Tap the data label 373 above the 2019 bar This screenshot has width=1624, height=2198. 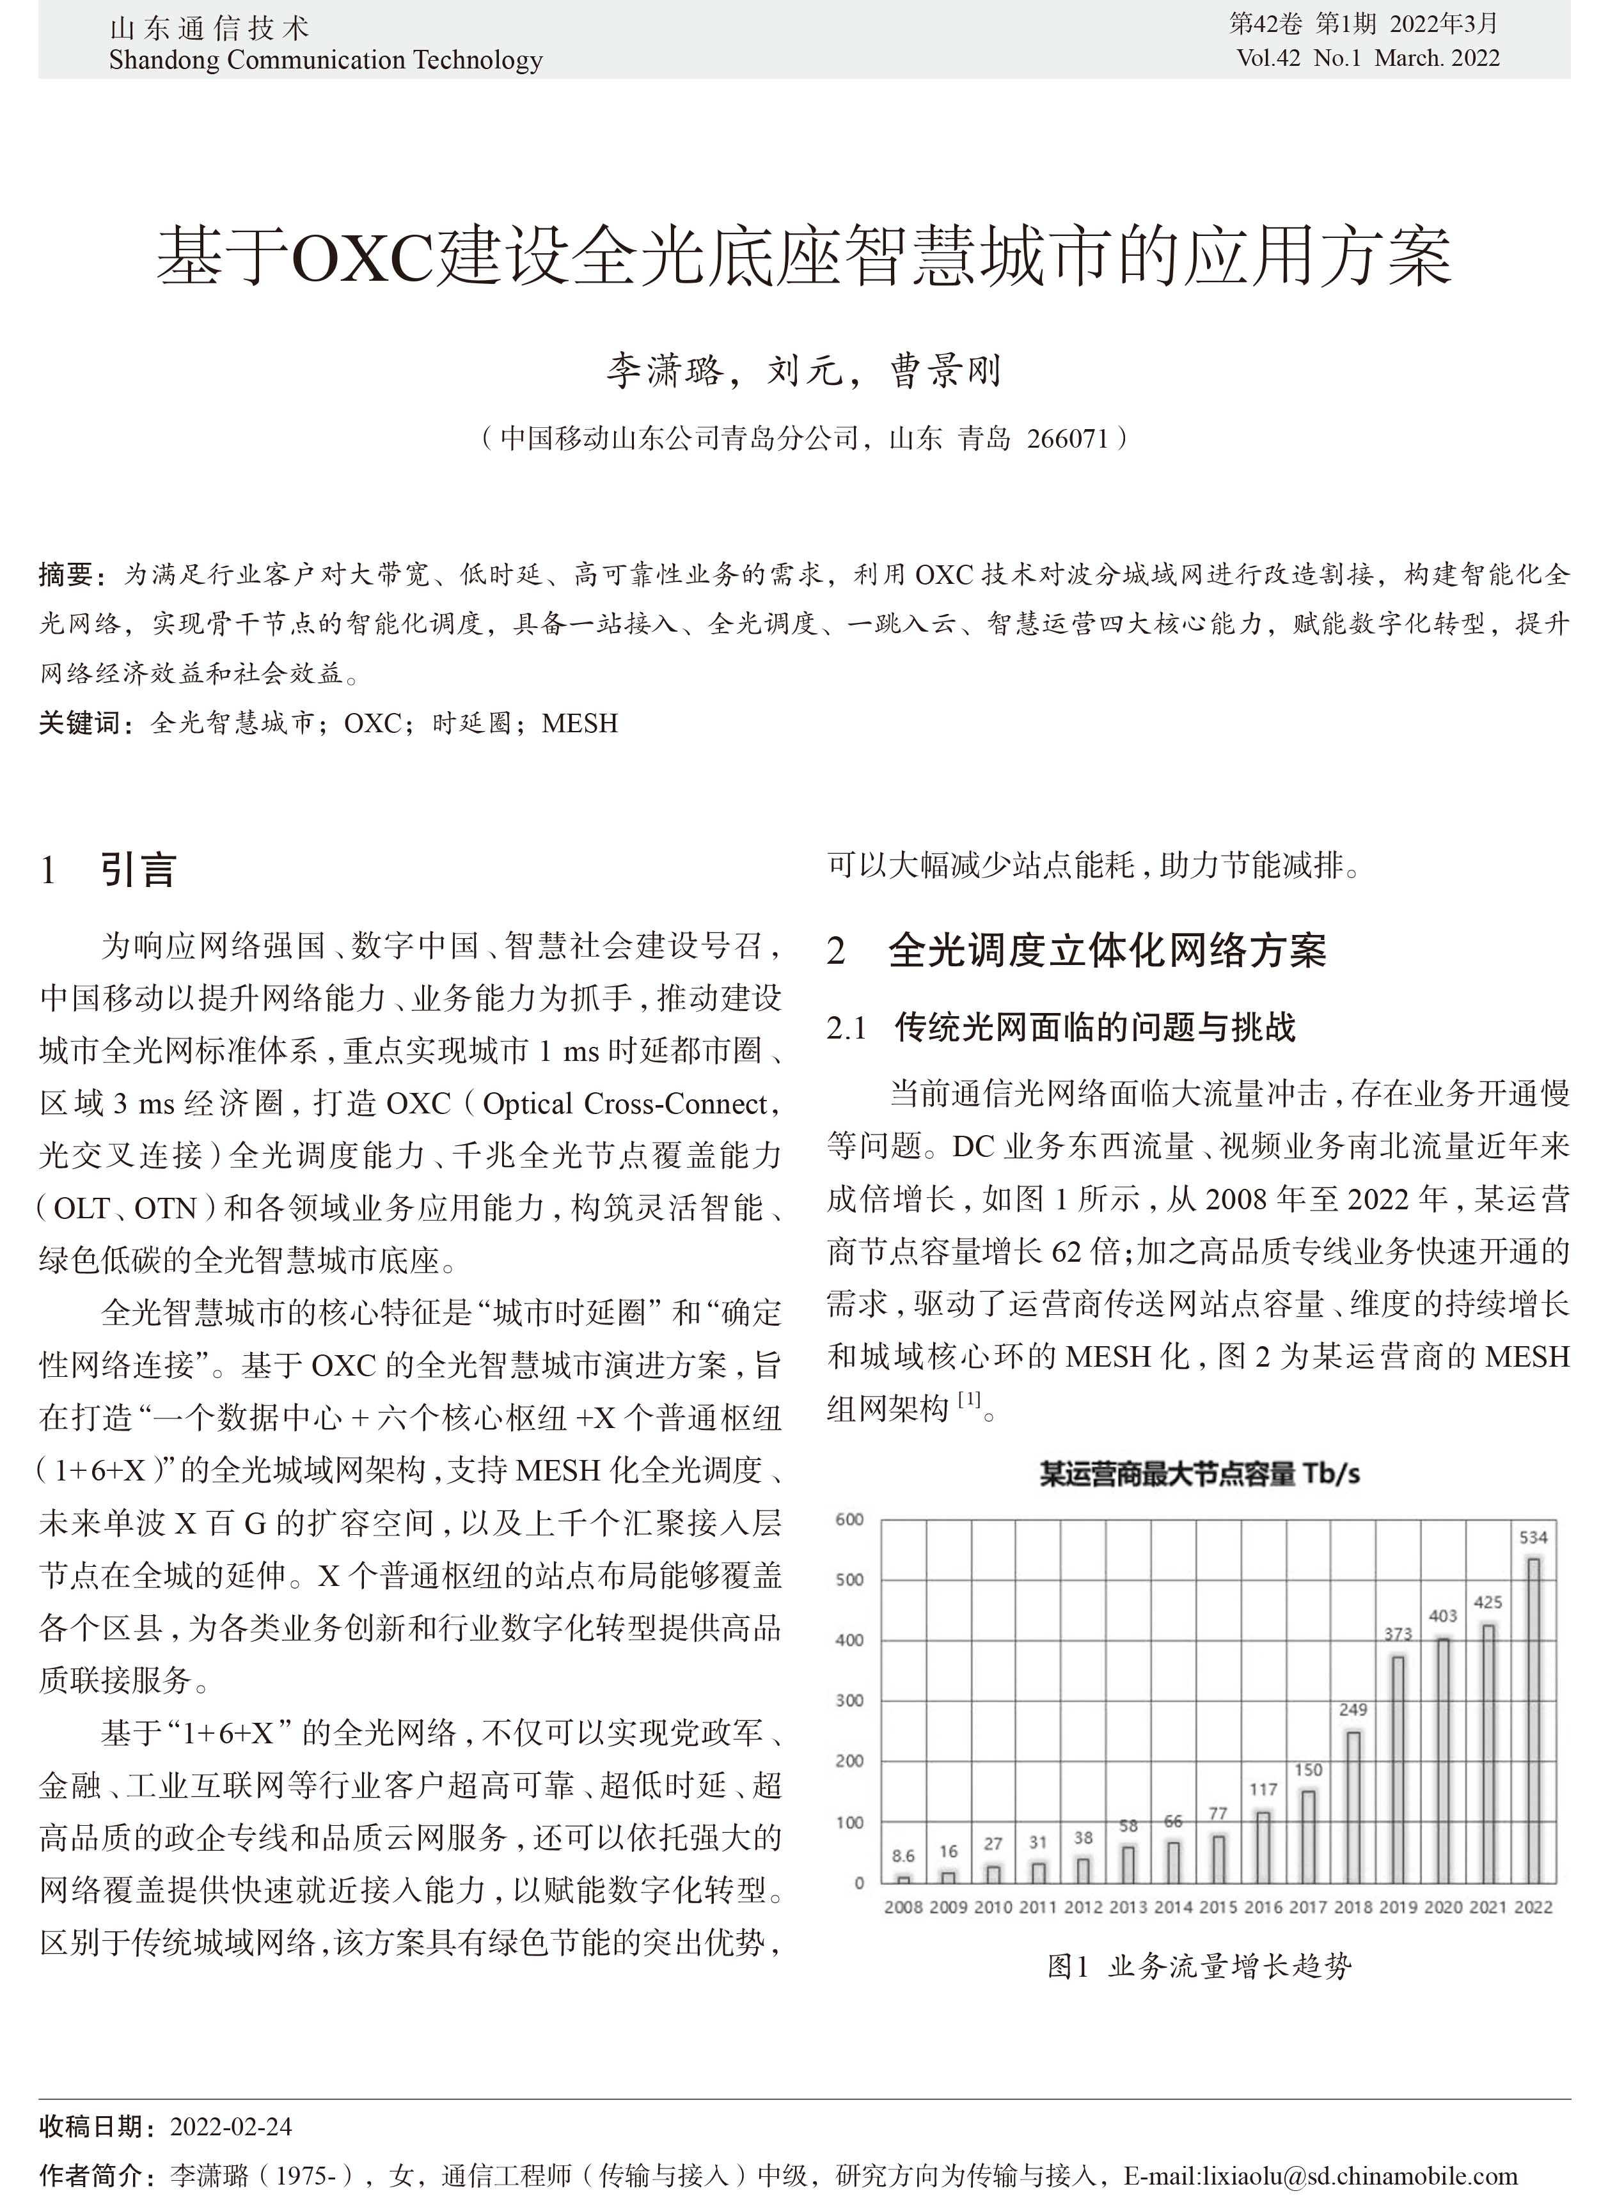1398,1634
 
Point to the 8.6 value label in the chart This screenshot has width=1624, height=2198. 903,1856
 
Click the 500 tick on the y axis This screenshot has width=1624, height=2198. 849,1580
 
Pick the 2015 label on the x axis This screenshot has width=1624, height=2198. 1218,1907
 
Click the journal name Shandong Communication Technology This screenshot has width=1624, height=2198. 326,61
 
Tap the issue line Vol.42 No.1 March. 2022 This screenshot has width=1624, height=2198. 1368,58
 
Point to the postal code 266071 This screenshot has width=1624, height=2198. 1067,439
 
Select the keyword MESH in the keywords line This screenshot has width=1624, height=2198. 580,723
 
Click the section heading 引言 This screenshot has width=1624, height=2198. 138,870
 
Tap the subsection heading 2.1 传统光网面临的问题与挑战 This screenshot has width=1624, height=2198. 1062,1028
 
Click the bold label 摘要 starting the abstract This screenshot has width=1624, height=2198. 66,574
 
